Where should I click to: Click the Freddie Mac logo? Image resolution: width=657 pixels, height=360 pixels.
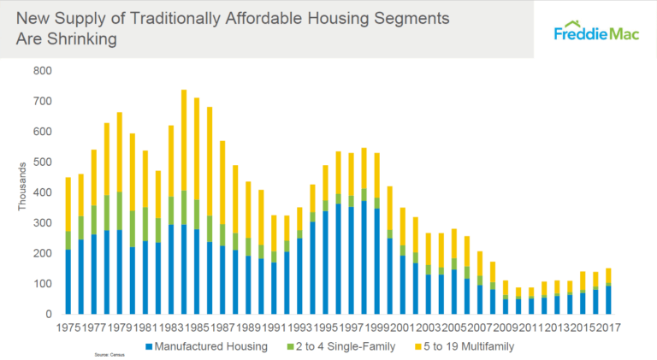(595, 32)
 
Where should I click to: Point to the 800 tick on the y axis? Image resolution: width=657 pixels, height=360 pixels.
(42, 71)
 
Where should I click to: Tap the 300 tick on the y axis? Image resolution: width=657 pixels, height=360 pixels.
(42, 223)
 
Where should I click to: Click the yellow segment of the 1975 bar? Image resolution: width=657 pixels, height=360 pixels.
(68, 204)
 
